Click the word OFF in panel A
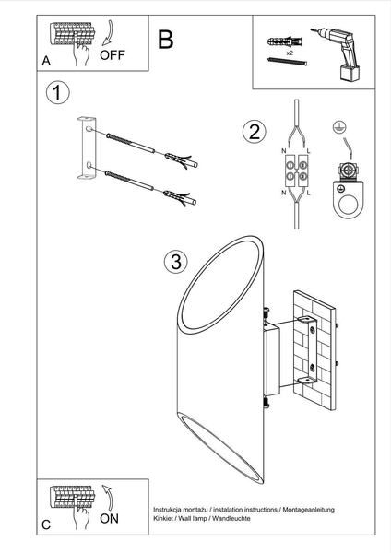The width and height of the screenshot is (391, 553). point(113,54)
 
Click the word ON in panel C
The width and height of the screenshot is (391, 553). point(109,518)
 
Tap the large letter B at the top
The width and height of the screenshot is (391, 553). point(166,39)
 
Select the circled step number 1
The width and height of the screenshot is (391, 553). point(57,93)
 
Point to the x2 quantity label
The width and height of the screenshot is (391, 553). point(290,55)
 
